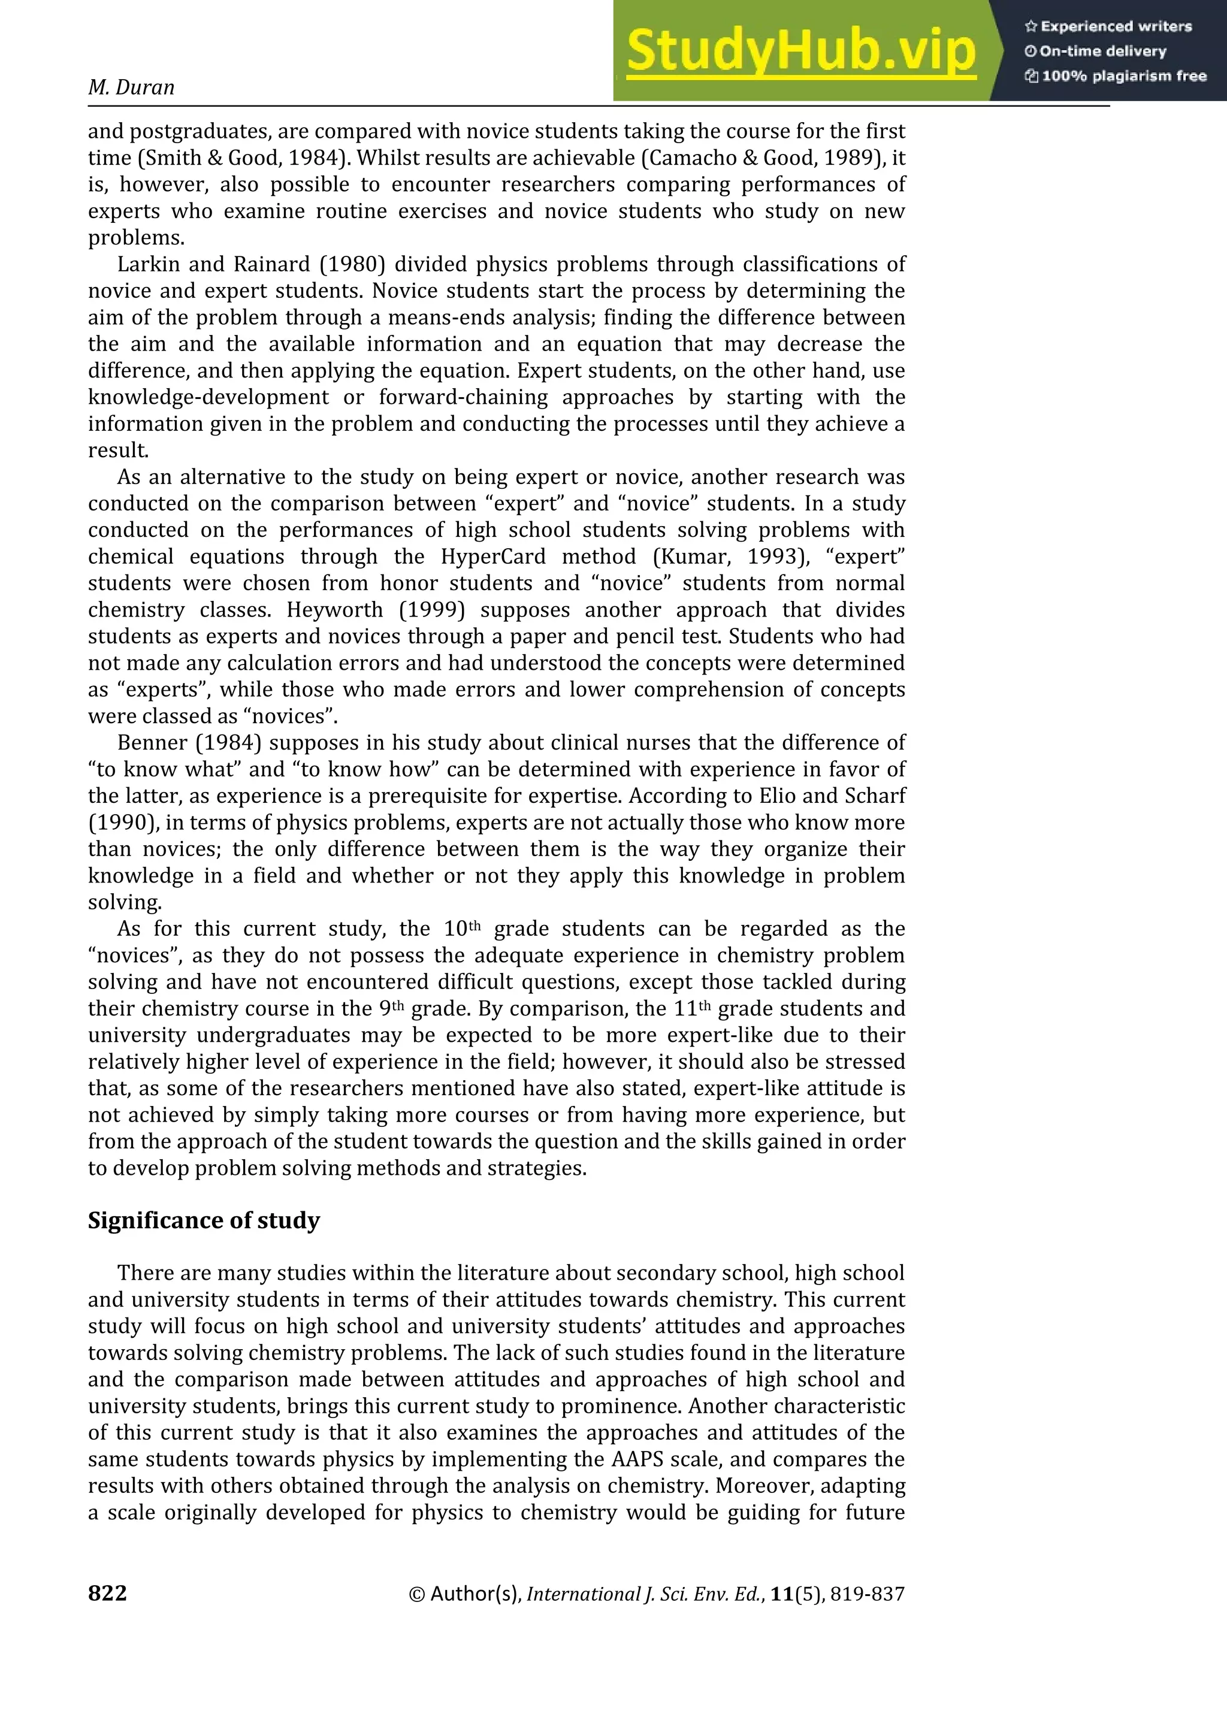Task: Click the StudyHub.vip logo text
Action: pyautogui.click(x=801, y=52)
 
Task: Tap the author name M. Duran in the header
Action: pyautogui.click(x=131, y=87)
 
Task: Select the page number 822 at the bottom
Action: pyautogui.click(x=107, y=1593)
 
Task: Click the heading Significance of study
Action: pyautogui.click(x=204, y=1220)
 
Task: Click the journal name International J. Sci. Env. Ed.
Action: pyautogui.click(x=645, y=1594)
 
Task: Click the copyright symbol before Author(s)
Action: pyautogui.click(x=416, y=1594)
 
